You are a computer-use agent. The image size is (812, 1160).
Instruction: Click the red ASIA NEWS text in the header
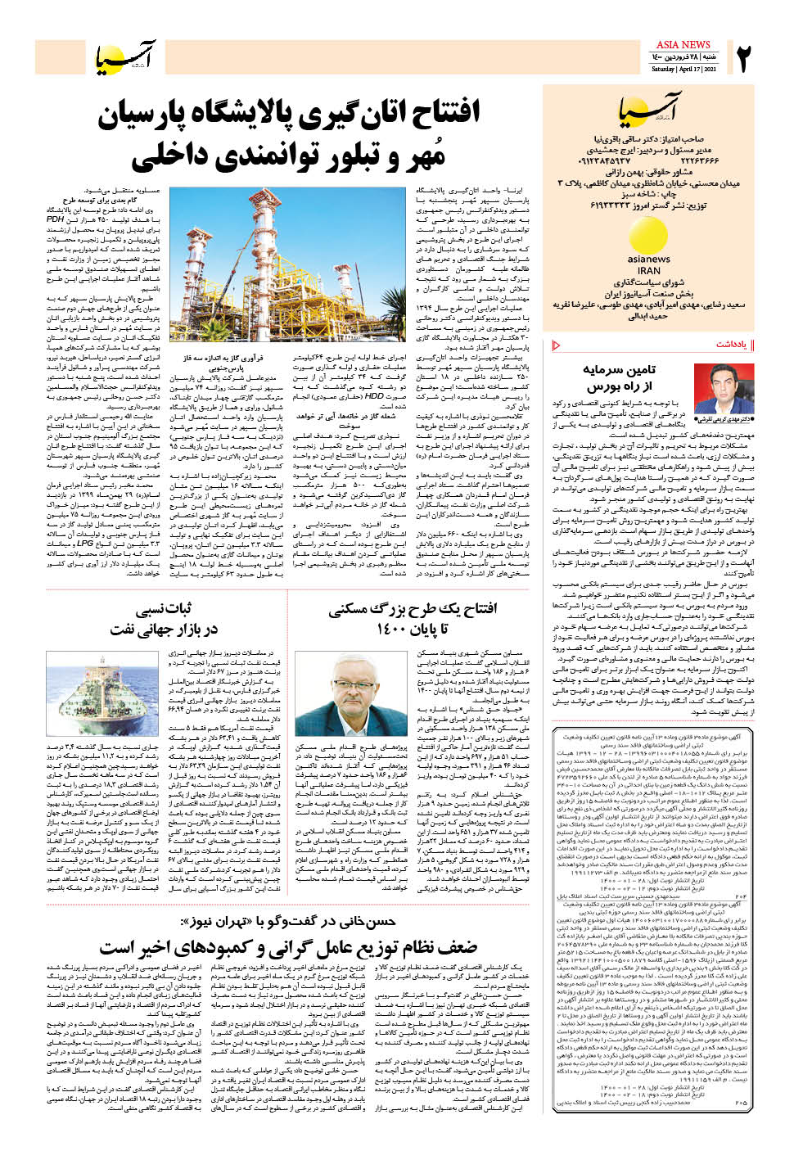coord(683,44)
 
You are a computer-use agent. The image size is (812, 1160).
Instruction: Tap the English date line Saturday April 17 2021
coord(683,70)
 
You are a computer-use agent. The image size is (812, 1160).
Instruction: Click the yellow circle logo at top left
coord(110,59)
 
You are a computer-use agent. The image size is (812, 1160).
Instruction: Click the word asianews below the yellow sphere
coord(648,260)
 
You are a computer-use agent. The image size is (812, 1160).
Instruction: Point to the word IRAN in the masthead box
coord(648,270)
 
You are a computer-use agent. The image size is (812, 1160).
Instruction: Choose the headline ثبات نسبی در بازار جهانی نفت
coord(165,619)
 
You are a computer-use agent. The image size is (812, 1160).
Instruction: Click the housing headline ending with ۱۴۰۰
coord(413,619)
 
